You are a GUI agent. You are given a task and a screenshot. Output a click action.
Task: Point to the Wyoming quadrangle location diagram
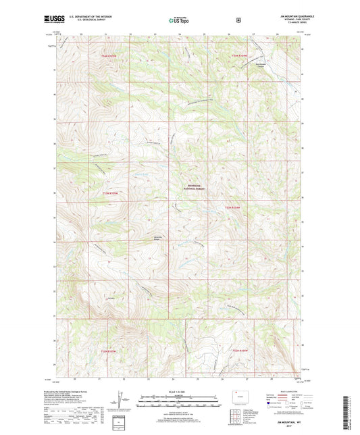236,396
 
